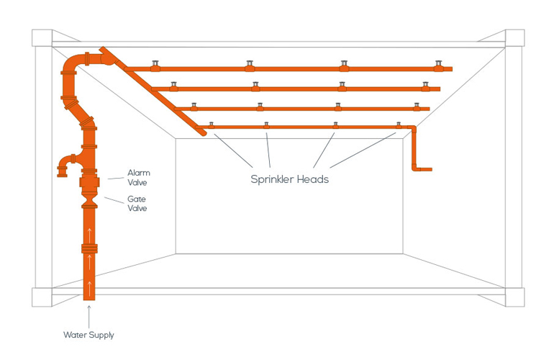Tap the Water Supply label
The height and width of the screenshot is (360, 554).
[x=88, y=335]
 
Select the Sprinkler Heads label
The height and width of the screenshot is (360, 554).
[x=289, y=179]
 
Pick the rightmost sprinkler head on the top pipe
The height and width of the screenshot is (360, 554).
[x=437, y=65]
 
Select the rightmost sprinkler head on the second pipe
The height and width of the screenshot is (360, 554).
[x=424, y=86]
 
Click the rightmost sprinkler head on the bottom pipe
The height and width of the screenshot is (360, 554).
[x=398, y=125]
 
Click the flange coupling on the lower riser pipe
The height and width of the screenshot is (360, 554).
[x=89, y=249]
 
